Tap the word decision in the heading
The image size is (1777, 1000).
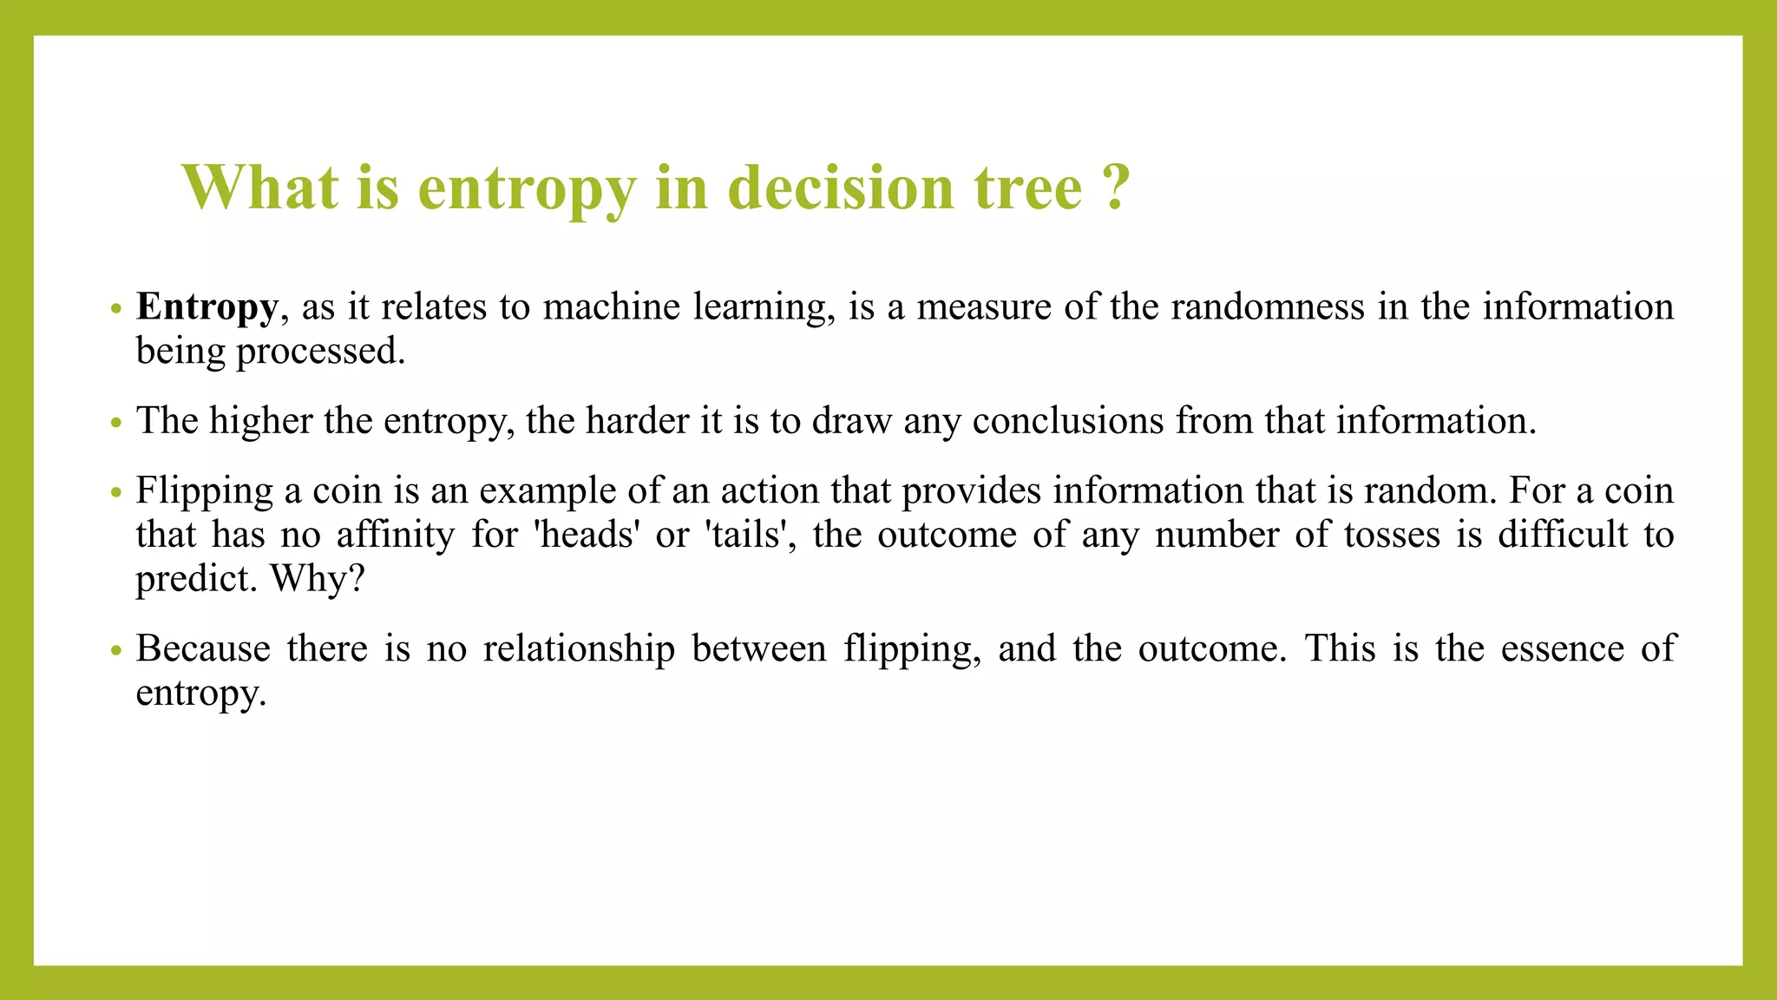click(x=841, y=187)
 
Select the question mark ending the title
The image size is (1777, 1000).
click(x=1118, y=187)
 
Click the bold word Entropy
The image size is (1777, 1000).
click(x=207, y=307)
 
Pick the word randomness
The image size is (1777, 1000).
click(x=1267, y=307)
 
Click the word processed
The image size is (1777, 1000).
click(x=320, y=352)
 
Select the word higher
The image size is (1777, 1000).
click(x=260, y=421)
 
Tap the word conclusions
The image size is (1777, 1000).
click(x=1067, y=421)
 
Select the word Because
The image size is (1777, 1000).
click(x=203, y=649)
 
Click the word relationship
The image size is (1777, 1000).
click(x=579, y=649)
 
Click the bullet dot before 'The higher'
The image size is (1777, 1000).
click(x=116, y=423)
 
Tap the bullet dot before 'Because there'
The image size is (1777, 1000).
click(x=116, y=651)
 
